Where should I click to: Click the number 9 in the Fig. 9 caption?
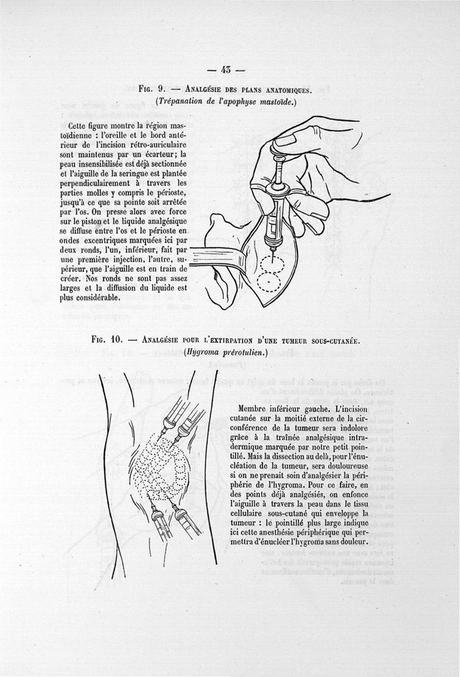[162, 89]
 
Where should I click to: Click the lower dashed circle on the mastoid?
[269, 282]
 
